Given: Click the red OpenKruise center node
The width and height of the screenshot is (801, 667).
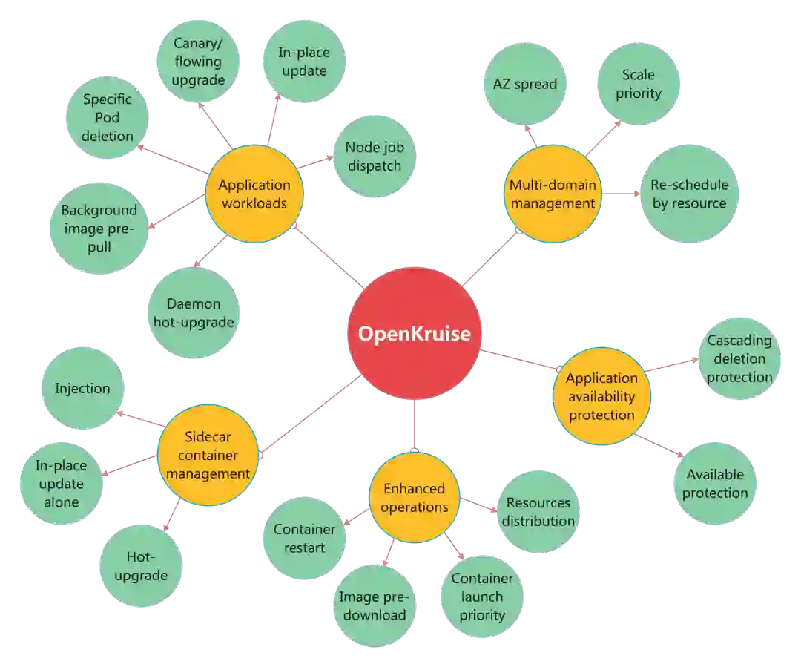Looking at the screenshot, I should (x=414, y=334).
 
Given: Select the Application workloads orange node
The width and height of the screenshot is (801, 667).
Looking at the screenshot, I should (x=254, y=194).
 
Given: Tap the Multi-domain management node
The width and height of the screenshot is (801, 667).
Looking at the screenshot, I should (x=553, y=194).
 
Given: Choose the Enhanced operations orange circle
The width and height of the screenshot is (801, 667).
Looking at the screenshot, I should (x=415, y=498).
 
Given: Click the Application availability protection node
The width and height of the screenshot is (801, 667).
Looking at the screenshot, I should (x=601, y=396).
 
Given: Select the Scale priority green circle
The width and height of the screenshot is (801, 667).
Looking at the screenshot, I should (x=639, y=84).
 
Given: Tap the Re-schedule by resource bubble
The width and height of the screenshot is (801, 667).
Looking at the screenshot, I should (x=689, y=194).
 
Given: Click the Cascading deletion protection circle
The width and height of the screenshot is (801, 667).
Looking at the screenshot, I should (x=739, y=359).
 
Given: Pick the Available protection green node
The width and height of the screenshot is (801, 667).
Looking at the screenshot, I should (x=715, y=484).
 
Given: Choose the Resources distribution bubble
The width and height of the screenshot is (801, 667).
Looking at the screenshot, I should (x=538, y=511).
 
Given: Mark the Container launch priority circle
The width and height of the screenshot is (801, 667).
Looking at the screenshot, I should (x=482, y=597).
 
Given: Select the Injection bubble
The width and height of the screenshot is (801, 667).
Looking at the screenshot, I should (x=82, y=388).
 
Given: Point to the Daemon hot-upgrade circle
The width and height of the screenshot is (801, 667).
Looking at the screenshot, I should (x=194, y=313).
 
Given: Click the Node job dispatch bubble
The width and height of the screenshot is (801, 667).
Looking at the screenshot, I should (x=372, y=156).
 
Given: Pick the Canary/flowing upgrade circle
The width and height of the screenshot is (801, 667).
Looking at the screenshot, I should (x=197, y=62).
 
